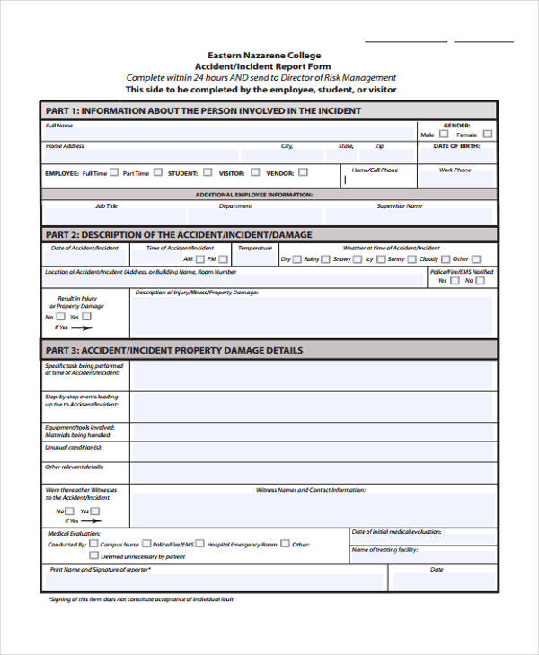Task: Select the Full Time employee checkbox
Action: pos(114,173)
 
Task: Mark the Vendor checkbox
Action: pos(303,172)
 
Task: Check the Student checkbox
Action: pos(208,172)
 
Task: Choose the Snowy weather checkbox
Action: pos(357,258)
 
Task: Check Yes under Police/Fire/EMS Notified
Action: pos(455,280)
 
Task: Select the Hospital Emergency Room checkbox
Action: pos(200,544)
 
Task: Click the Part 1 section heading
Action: pos(203,111)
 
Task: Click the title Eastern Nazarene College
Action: pos(264,56)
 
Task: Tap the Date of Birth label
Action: pos(456,145)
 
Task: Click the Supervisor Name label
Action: pos(400,206)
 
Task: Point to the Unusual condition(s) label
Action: pos(74,447)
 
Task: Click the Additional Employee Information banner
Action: pos(254,194)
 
